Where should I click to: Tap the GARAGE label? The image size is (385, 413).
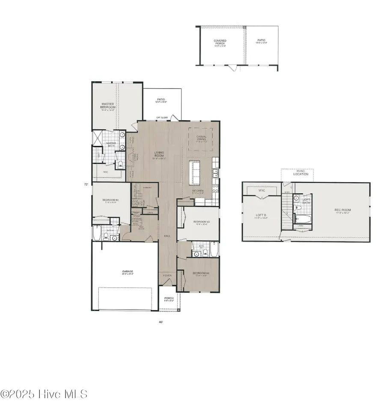127,271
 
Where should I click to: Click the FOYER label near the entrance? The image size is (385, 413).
167,276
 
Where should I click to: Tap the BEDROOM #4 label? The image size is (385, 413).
200,273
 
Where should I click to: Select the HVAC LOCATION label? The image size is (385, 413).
297,173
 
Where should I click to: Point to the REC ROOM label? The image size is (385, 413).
342,210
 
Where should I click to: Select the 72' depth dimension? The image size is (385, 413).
86,185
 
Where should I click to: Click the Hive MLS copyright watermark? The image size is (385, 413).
44,394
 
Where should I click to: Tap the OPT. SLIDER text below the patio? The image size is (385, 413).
161,117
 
